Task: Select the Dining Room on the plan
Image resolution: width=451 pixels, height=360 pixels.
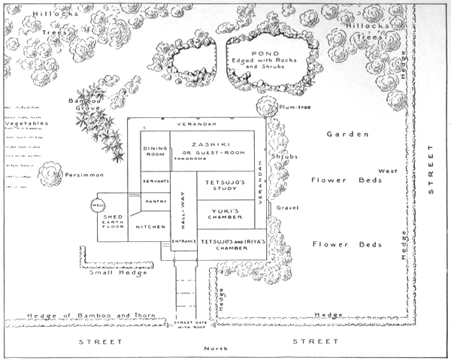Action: (155, 151)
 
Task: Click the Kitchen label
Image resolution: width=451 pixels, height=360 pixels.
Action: (150, 226)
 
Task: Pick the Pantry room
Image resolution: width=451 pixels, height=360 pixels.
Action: (156, 201)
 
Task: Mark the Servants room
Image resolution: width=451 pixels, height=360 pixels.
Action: (156, 182)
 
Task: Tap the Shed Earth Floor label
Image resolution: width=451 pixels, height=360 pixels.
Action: (113, 223)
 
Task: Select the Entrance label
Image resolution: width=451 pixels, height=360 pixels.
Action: (183, 241)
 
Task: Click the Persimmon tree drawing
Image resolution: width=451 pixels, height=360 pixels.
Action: (50, 174)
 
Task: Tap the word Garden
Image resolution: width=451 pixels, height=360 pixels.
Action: (347, 135)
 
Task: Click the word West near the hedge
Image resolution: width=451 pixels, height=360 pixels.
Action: (388, 171)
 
